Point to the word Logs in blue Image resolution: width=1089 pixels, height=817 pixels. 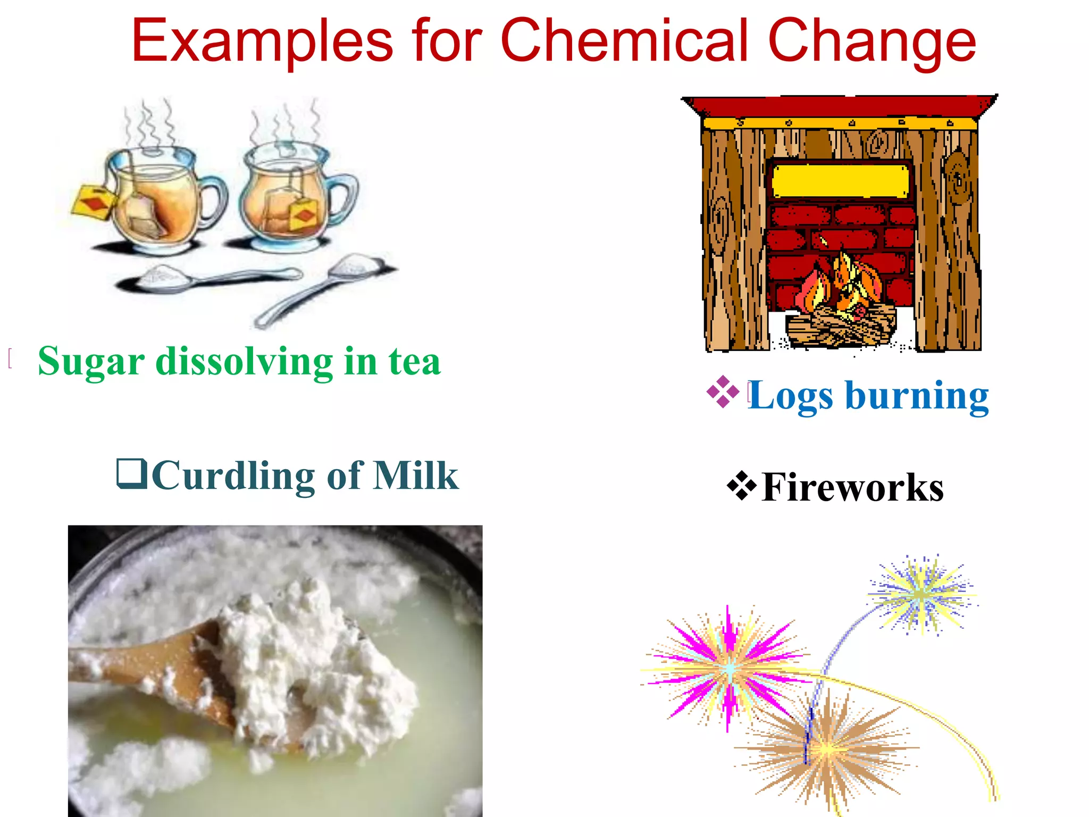(790, 396)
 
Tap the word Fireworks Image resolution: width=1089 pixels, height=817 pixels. (852, 487)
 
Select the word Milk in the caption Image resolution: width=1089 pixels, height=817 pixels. (415, 476)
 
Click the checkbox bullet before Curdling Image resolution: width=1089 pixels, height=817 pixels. (131, 473)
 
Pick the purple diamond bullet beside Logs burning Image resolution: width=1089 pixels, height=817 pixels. (723, 392)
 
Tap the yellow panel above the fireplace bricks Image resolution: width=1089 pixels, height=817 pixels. (840, 181)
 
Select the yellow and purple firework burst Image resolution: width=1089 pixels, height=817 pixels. (922, 594)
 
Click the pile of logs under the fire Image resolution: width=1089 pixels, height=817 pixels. (840, 326)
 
